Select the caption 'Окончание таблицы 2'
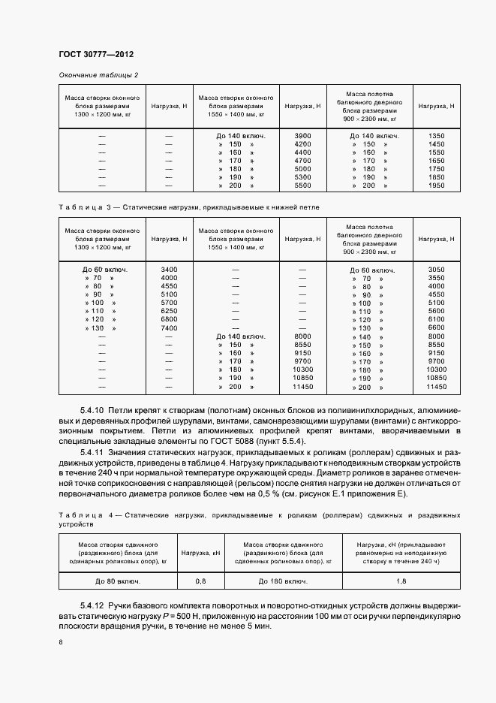pos(98,75)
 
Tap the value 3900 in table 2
pos(302,135)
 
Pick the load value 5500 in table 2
pos(302,186)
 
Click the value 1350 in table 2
pos(436,135)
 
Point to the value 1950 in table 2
pos(436,186)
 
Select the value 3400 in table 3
pos(169,269)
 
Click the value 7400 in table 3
pos(169,328)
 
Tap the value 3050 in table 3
pos(436,269)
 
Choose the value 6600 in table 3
pos(436,328)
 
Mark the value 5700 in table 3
pos(169,303)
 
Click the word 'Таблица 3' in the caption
pos(83,205)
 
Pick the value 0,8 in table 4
pos(200,581)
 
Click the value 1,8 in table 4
pos(401,581)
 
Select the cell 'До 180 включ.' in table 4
pos(284,581)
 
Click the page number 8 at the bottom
pos(61,642)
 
